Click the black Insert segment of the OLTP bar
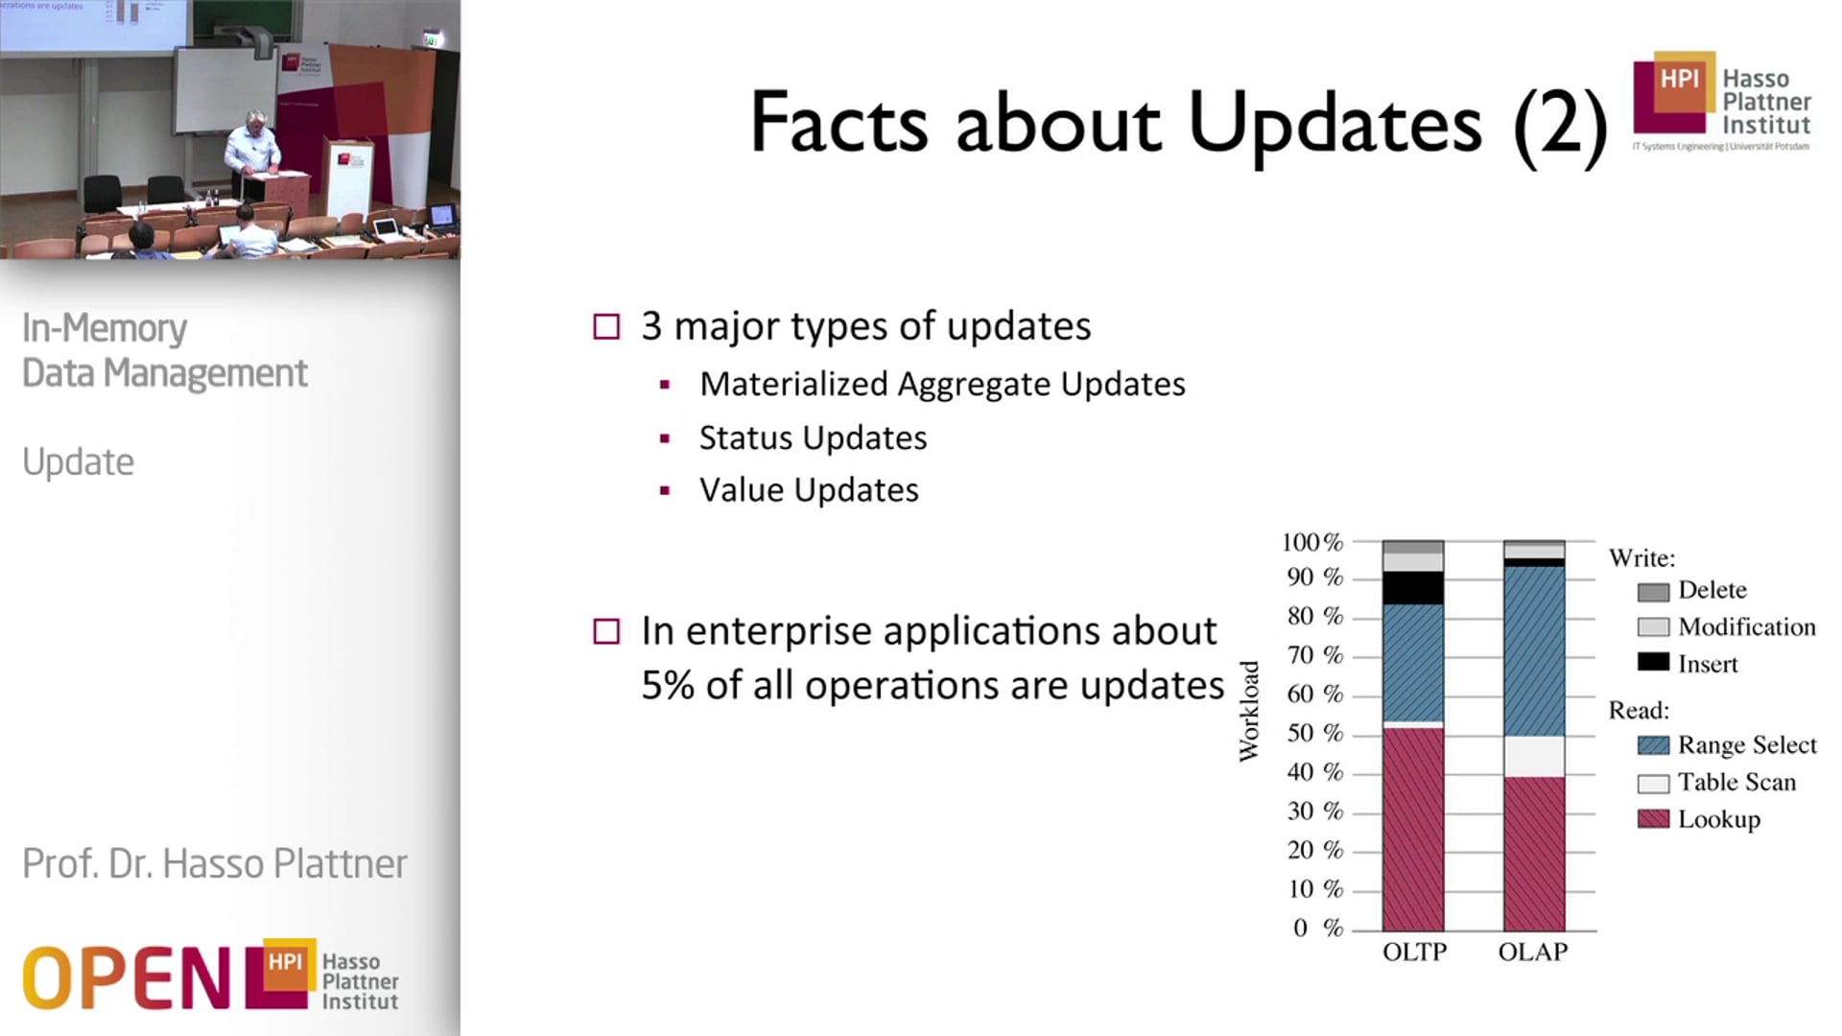(1412, 587)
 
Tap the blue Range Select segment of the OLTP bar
(1412, 662)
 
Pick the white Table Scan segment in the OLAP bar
(1533, 756)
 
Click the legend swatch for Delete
(1652, 592)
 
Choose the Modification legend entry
(1746, 627)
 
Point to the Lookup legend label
(1718, 819)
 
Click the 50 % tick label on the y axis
(1314, 733)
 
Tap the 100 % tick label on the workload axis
(1311, 542)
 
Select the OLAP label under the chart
(1532, 952)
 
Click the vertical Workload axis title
(1248, 711)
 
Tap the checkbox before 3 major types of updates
(606, 327)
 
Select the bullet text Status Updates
(813, 437)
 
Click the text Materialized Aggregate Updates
(942, 384)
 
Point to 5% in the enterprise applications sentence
(667, 686)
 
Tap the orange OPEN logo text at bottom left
(125, 977)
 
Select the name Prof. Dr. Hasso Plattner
(214, 863)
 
